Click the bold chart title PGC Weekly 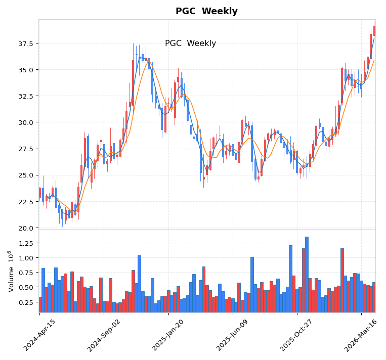click(x=206, y=11)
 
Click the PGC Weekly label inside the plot click(x=190, y=43)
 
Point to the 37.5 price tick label click(x=25, y=44)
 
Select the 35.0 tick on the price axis click(x=25, y=70)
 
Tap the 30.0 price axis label click(x=25, y=122)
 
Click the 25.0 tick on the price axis click(x=25, y=175)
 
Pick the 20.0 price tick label click(x=25, y=228)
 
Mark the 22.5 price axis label click(x=25, y=202)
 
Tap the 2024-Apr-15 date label click(x=40, y=335)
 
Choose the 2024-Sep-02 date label click(x=104, y=335)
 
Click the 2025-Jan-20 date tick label click(x=168, y=335)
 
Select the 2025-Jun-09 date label click(x=233, y=335)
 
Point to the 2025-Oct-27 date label click(x=297, y=335)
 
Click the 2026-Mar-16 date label click(x=361, y=335)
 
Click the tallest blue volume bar click(x=307, y=274)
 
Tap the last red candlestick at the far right click(x=374, y=30)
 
